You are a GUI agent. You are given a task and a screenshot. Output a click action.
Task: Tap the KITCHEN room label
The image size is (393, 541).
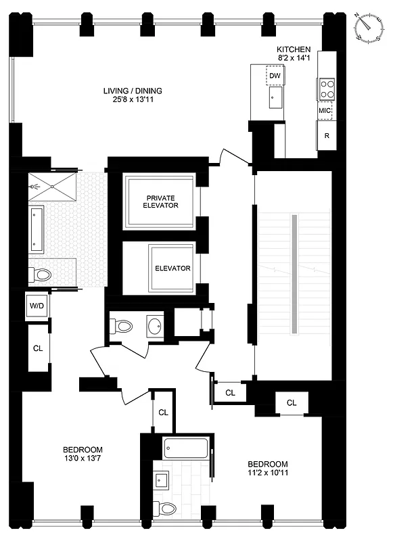(x=294, y=49)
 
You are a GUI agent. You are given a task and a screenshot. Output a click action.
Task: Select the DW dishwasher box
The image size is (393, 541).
(x=275, y=76)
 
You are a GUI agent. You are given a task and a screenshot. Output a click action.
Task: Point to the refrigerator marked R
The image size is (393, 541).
(x=327, y=136)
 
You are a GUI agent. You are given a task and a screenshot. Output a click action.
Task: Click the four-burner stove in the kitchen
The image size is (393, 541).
(x=327, y=89)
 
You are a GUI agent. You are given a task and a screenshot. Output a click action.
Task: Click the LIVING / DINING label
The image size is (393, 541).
(x=133, y=91)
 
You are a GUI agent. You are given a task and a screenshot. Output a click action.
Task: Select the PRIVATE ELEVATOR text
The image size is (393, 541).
(x=161, y=201)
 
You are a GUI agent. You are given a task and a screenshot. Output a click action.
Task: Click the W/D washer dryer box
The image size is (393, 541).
(x=36, y=306)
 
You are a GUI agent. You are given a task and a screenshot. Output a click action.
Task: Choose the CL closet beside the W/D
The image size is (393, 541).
(x=38, y=348)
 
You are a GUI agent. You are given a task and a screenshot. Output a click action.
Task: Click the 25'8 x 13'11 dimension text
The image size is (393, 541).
(x=133, y=100)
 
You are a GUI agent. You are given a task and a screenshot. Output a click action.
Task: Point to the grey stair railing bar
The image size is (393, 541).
(x=294, y=273)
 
